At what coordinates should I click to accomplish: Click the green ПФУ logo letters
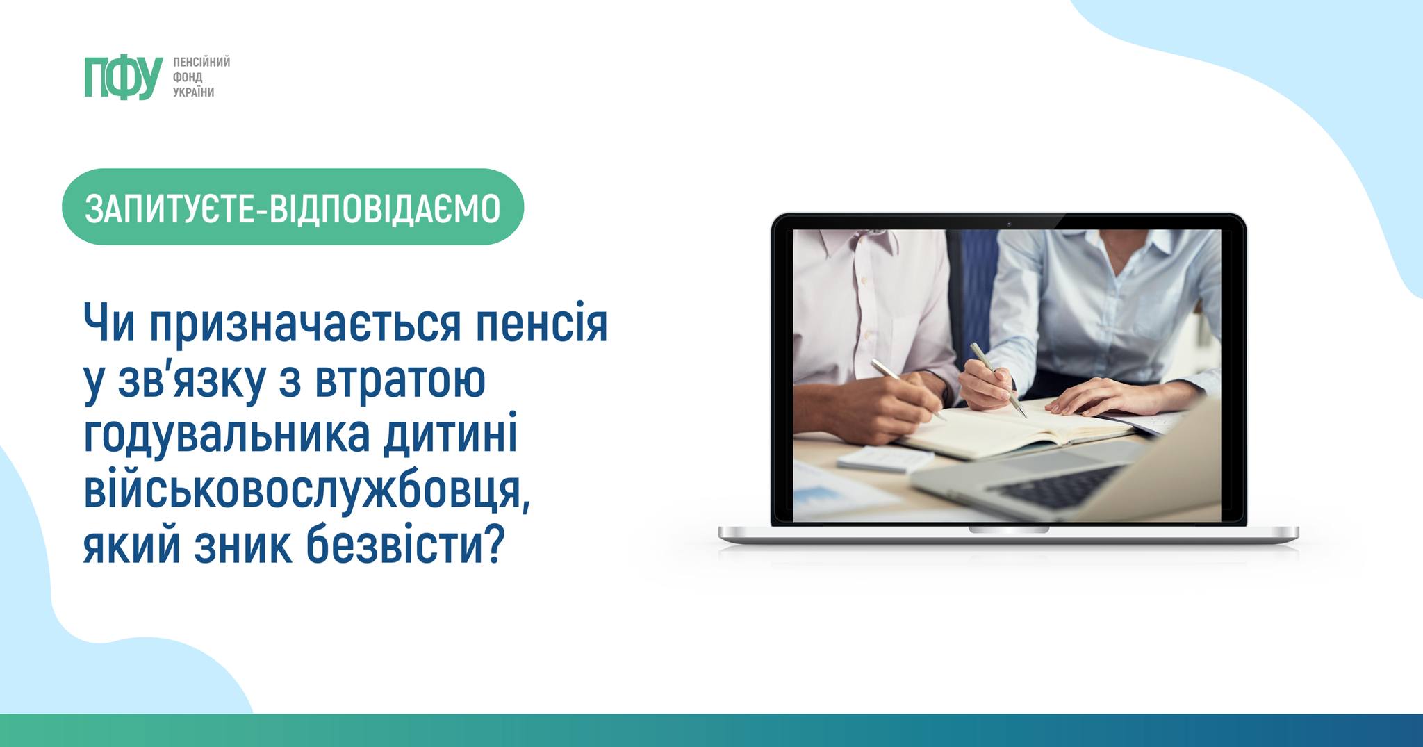pos(124,77)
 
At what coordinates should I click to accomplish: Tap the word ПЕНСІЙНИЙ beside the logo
pos(201,63)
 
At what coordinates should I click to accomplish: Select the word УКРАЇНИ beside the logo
pos(194,92)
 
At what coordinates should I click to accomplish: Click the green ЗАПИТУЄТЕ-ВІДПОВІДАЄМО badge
pos(293,207)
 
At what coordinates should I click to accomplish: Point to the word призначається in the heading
pos(306,325)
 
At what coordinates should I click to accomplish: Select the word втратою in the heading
pos(400,381)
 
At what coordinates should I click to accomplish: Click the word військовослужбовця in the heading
pos(306,492)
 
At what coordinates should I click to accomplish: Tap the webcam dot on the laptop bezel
pos(1008,223)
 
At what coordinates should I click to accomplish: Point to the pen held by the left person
pos(908,390)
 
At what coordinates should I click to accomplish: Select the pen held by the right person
pos(998,379)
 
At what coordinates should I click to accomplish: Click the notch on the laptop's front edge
pos(1009,530)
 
